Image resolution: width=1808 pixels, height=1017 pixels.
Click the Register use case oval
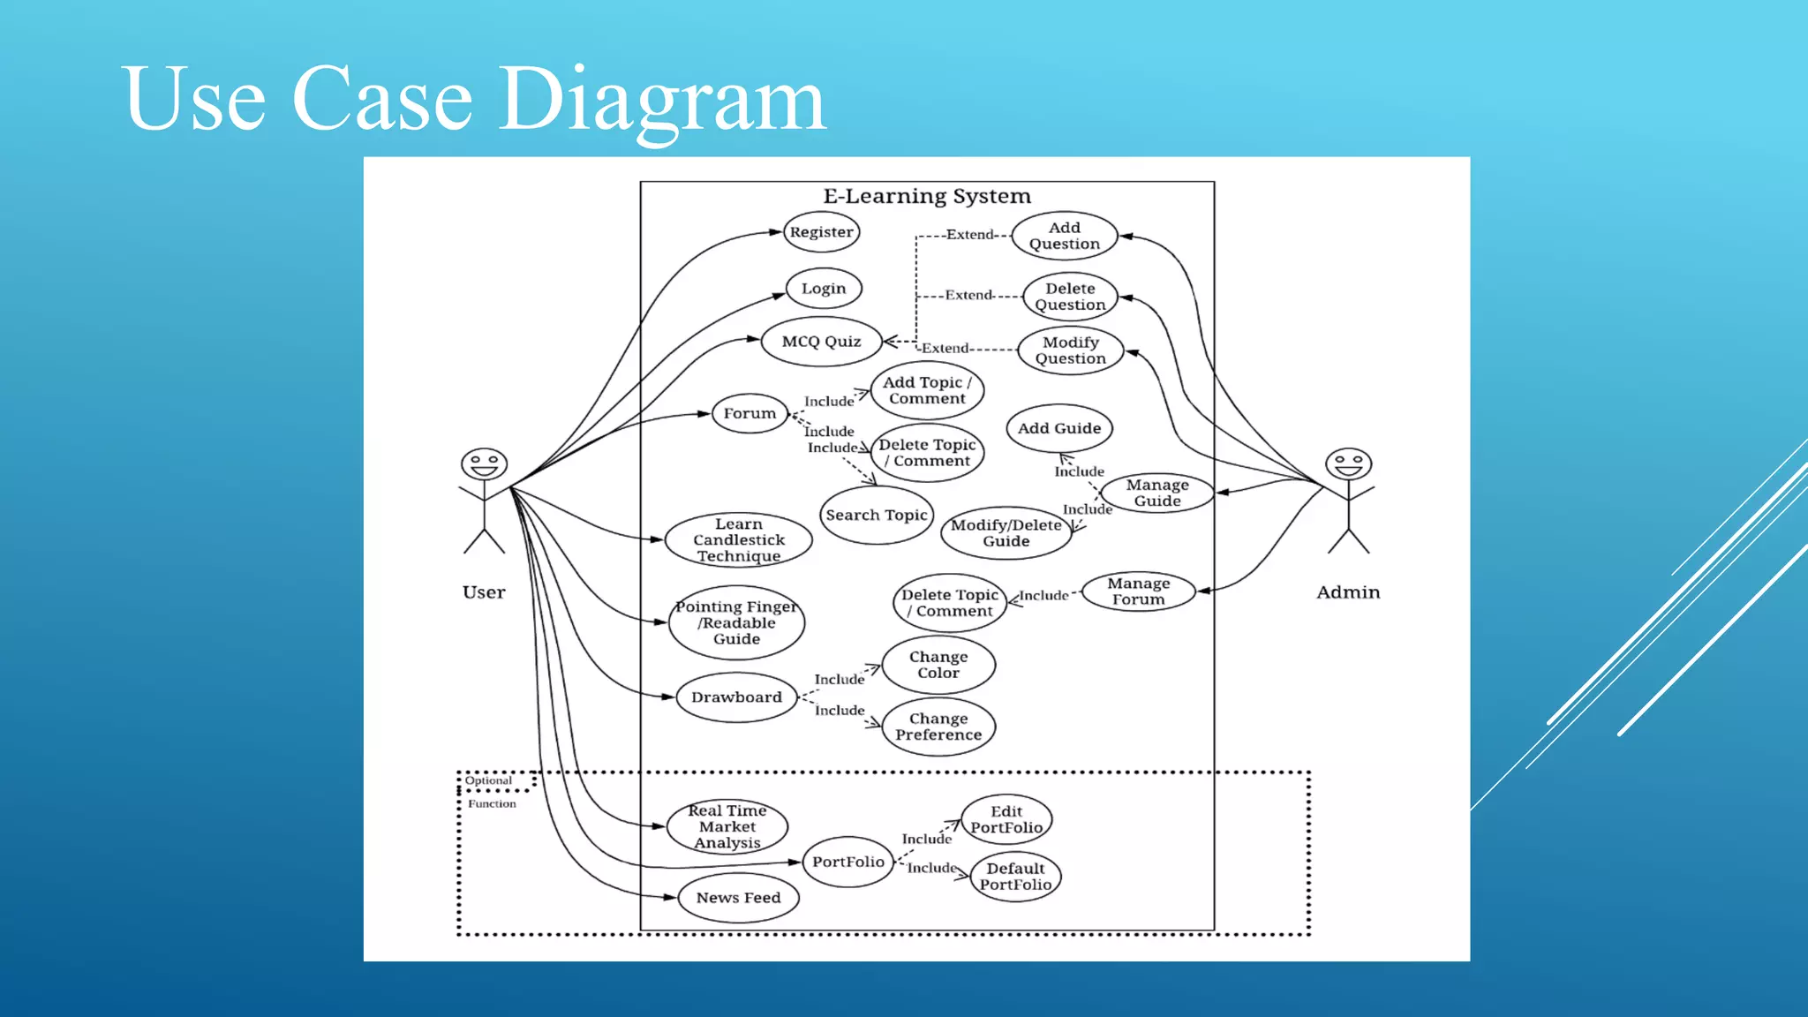[821, 232]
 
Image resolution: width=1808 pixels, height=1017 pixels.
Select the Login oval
[824, 289]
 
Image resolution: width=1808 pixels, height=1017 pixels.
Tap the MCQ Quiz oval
[821, 342]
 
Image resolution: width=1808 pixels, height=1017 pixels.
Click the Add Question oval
[1065, 236]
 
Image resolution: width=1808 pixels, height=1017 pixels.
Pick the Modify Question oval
[1070, 350]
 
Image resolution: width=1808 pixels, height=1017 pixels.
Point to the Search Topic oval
[877, 515]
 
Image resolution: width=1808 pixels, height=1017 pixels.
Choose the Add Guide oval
[1059, 428]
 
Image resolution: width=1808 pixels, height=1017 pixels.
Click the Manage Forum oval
[1139, 591]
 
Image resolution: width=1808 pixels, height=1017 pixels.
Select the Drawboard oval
[736, 697]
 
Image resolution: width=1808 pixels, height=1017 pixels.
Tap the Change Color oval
[938, 665]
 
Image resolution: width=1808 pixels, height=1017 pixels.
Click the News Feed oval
[738, 898]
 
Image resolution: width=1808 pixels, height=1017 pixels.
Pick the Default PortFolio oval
[1015, 877]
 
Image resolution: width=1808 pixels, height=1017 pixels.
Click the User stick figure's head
[484, 463]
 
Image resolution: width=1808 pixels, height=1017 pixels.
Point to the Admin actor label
[1348, 592]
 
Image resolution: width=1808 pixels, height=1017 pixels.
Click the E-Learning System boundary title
[927, 196]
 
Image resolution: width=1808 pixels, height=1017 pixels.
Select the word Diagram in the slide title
[662, 99]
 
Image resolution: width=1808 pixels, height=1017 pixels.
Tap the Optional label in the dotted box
[488, 780]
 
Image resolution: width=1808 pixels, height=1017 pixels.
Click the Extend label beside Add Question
[969, 235]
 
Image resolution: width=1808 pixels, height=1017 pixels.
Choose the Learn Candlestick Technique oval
[738, 539]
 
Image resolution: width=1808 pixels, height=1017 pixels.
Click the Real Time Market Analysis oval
[727, 826]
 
